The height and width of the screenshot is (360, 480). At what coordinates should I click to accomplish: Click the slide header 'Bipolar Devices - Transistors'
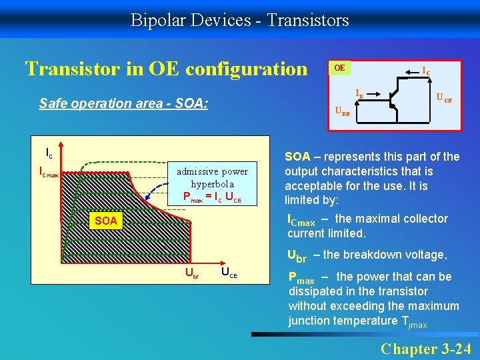[x=239, y=20]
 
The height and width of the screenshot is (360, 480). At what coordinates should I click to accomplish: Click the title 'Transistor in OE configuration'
[x=166, y=69]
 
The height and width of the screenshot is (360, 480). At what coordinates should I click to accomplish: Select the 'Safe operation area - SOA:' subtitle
[x=123, y=103]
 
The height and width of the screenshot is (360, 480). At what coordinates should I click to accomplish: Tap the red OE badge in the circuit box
[x=340, y=68]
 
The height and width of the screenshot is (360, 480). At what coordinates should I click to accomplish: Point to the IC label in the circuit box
[x=425, y=69]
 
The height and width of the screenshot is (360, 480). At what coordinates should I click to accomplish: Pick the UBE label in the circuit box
[x=342, y=113]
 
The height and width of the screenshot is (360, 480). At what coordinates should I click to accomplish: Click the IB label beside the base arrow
[x=359, y=94]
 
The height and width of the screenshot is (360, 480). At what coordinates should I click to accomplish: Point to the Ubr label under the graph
[x=191, y=274]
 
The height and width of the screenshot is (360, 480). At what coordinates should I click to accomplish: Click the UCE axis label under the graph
[x=228, y=274]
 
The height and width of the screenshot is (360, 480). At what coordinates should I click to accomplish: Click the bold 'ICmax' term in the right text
[x=301, y=219]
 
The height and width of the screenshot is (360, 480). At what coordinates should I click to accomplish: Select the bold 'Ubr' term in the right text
[x=297, y=255]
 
